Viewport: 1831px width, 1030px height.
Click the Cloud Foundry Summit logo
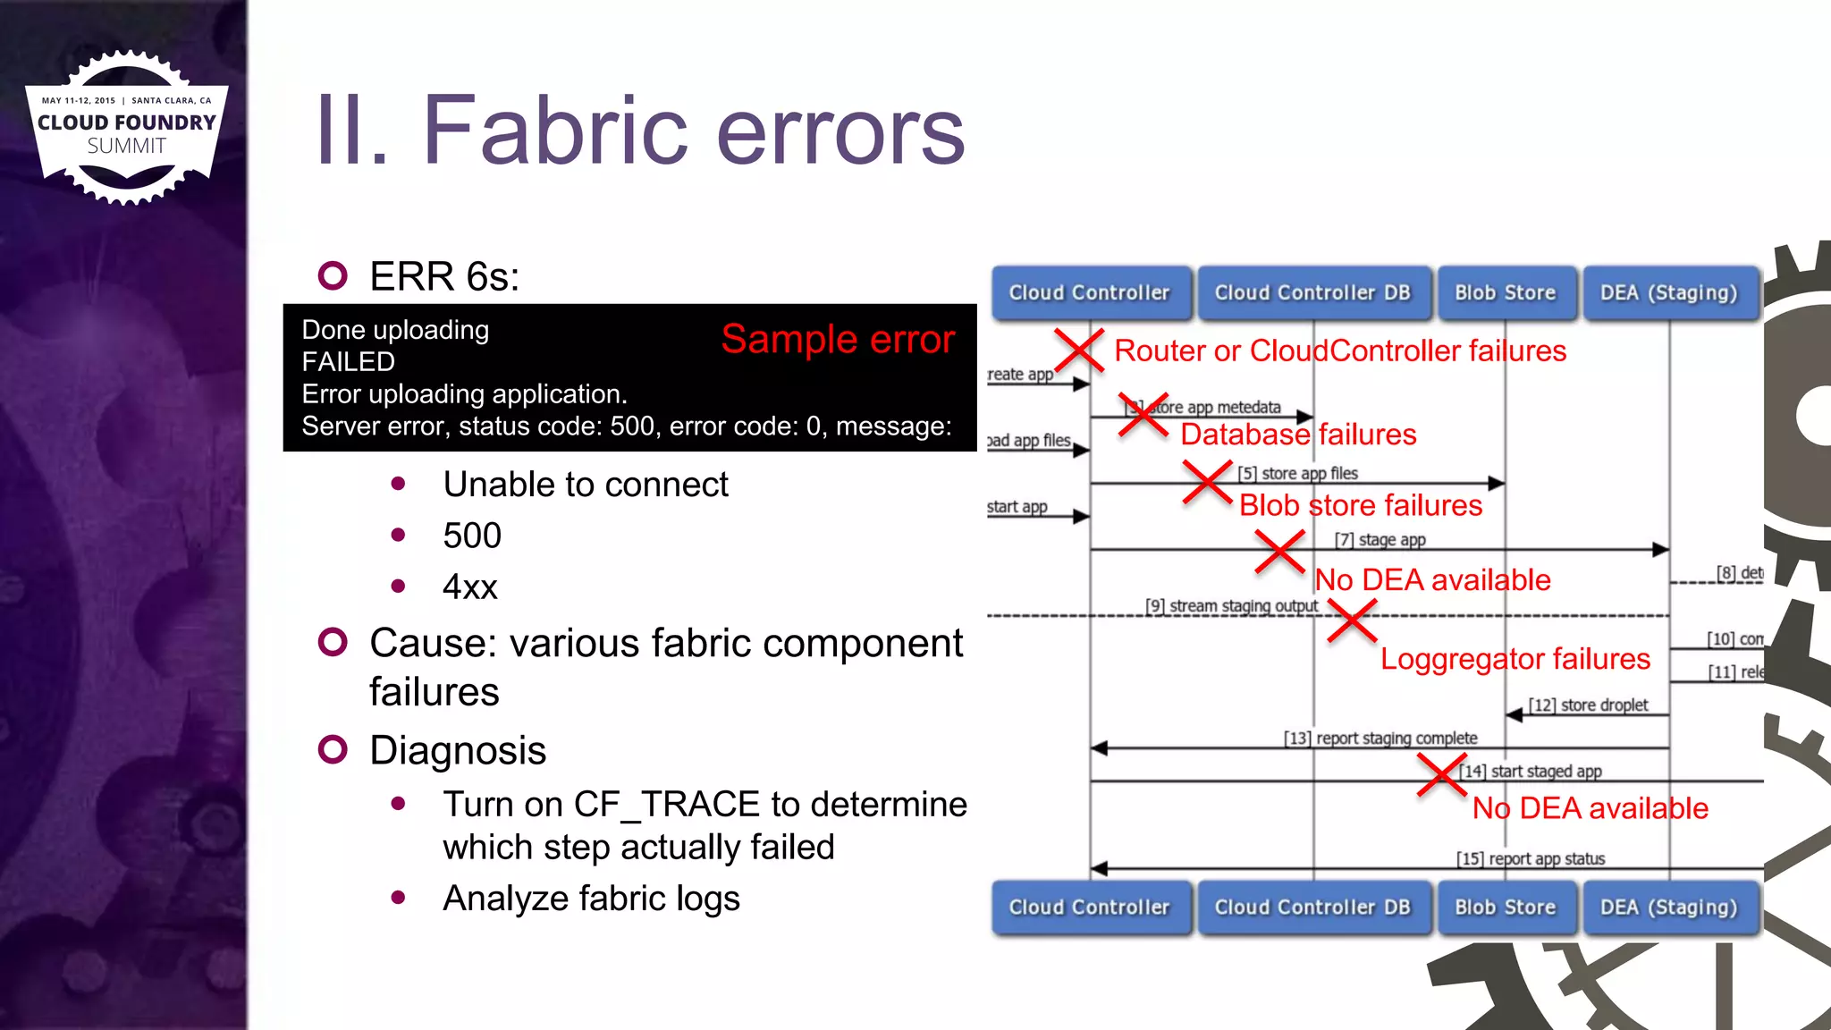pyautogui.click(x=127, y=127)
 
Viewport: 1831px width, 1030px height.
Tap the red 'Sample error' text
pyautogui.click(x=838, y=340)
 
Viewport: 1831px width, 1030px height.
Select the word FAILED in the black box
pyautogui.click(x=348, y=361)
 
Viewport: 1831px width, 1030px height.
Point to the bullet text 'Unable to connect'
pyautogui.click(x=586, y=485)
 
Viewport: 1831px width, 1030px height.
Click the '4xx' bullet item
pyautogui.click(x=469, y=587)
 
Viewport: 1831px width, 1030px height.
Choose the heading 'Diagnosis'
pyautogui.click(x=458, y=750)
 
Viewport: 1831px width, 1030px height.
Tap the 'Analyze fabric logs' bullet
pyautogui.click(x=591, y=899)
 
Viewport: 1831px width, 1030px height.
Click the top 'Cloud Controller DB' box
pyautogui.click(x=1312, y=292)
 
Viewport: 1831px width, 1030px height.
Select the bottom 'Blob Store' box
pyautogui.click(x=1505, y=907)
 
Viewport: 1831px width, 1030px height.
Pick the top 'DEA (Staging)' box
pyautogui.click(x=1668, y=292)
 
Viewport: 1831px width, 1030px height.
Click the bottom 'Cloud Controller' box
pyautogui.click(x=1089, y=907)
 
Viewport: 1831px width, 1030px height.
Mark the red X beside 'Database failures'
pyautogui.click(x=1143, y=415)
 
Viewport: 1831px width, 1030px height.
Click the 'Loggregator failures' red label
pyautogui.click(x=1515, y=659)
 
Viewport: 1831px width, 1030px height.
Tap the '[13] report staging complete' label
pyautogui.click(x=1380, y=738)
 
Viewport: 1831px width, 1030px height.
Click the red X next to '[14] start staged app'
pyautogui.click(x=1441, y=774)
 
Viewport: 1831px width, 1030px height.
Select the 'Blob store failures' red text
pyautogui.click(x=1360, y=506)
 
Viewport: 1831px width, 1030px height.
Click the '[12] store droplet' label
pyautogui.click(x=1588, y=705)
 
